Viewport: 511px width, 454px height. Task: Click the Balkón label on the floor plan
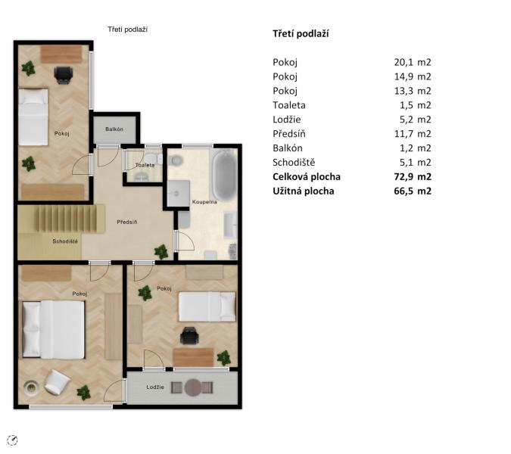114,129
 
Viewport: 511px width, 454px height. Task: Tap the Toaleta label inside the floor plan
145,165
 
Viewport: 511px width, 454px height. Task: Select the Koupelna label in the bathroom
204,202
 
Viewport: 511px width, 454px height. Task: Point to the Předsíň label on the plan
127,222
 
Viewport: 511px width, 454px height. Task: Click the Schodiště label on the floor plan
65,241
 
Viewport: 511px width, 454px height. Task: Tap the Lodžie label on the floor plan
155,387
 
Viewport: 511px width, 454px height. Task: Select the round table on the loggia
193,387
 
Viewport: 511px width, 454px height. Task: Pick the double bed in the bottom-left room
54,330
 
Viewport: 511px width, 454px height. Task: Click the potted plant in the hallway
161,252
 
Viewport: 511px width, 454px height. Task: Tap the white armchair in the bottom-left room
57,382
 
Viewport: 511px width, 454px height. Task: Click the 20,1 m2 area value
413,62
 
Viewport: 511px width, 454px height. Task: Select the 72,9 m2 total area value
413,176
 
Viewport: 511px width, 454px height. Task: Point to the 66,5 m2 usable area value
413,191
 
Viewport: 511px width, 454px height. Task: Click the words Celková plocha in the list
307,176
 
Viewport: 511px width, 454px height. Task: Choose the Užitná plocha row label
304,191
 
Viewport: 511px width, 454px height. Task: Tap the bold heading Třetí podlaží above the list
301,33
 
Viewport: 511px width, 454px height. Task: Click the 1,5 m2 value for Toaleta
415,105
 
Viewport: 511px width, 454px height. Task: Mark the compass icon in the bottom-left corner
12,440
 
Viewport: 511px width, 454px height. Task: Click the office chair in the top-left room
64,75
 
